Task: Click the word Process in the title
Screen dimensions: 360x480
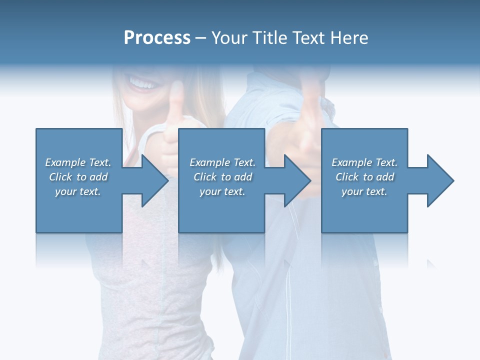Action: [157, 38]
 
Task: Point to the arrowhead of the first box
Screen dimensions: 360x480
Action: [152, 180]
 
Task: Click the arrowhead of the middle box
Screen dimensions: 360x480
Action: [295, 180]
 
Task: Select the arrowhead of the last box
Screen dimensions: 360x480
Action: [438, 180]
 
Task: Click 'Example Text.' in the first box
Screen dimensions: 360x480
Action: [78, 162]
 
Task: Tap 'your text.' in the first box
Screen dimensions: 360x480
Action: [78, 191]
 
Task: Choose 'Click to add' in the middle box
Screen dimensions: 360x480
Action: [222, 177]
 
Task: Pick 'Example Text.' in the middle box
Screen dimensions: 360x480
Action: [222, 162]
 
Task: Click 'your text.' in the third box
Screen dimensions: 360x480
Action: [364, 191]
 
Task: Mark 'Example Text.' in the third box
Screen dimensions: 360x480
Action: [364, 162]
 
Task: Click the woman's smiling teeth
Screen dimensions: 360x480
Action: [142, 82]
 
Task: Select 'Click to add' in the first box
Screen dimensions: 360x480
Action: [78, 177]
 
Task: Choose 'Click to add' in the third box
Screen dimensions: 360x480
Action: [364, 177]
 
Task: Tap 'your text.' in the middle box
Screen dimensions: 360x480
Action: [222, 191]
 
